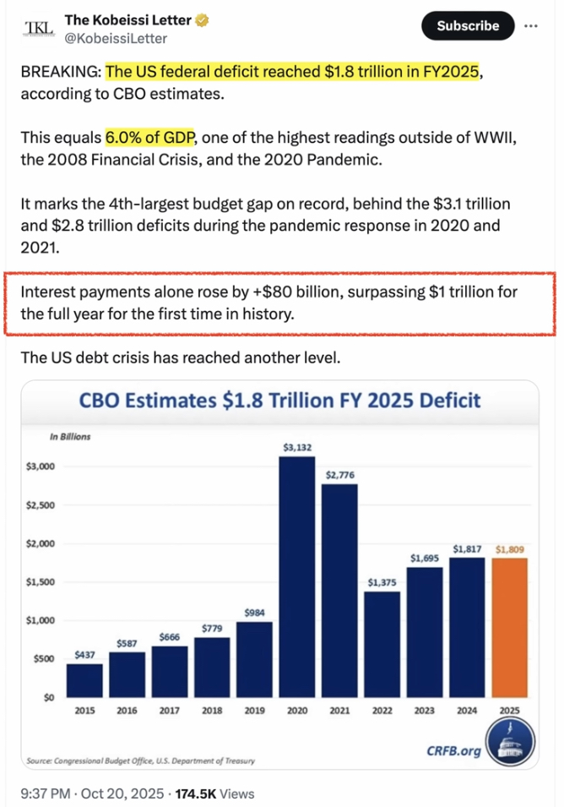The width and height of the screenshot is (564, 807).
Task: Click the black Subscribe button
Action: [467, 25]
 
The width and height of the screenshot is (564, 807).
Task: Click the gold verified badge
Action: [205, 19]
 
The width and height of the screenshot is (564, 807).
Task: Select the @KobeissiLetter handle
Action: [116, 39]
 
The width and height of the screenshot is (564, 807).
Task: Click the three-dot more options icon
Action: [531, 25]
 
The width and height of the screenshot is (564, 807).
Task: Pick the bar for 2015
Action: [84, 679]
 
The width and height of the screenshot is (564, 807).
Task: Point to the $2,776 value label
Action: [339, 475]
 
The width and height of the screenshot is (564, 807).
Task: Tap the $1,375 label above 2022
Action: [382, 582]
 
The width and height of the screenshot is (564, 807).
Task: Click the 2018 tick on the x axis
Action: [212, 711]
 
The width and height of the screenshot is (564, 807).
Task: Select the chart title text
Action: [279, 401]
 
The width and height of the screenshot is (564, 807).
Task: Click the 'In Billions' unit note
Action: [70, 437]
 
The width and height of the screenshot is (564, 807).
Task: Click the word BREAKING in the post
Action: [59, 73]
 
